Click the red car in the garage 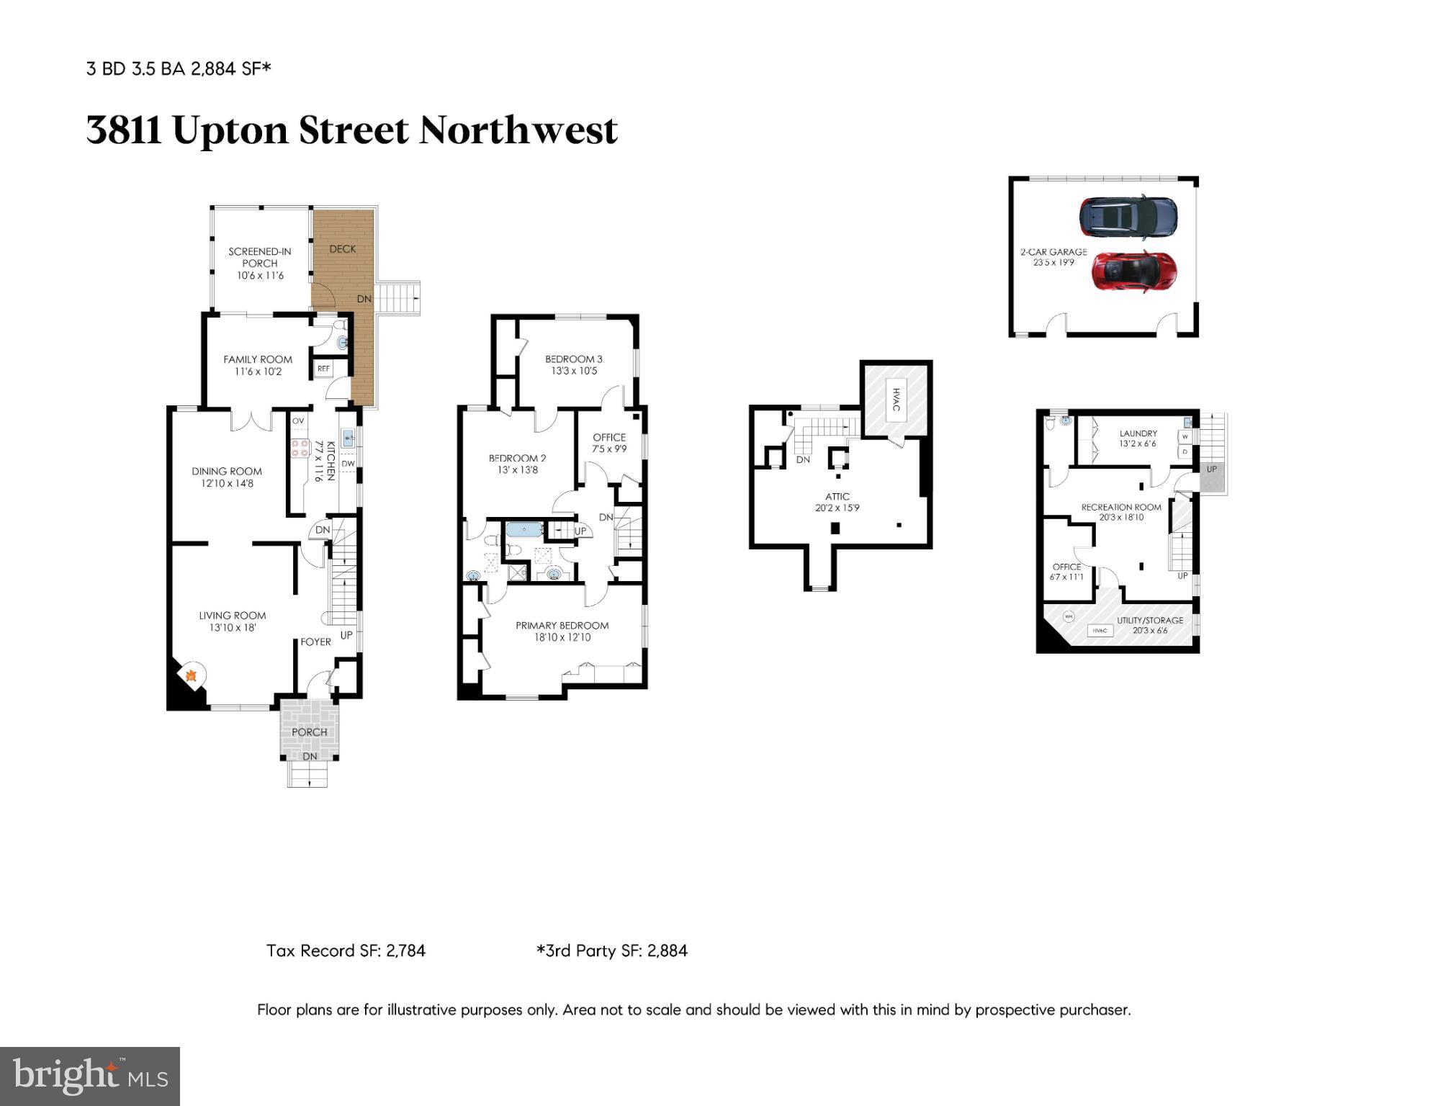coord(1133,271)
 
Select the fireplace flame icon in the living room coord(192,675)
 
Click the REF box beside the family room coord(323,369)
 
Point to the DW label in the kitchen coord(348,464)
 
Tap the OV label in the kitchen coord(298,421)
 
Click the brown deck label coord(343,249)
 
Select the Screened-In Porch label coord(260,263)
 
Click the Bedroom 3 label coord(573,364)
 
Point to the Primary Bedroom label coord(562,631)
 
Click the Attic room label coord(837,502)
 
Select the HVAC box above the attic coord(896,400)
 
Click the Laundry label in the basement coord(1138,439)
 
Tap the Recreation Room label coord(1121,512)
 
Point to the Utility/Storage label coord(1150,625)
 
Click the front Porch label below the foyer coord(310,732)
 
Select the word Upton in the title coord(230,130)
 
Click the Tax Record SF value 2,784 coord(405,950)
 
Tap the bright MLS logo coord(90,1076)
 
